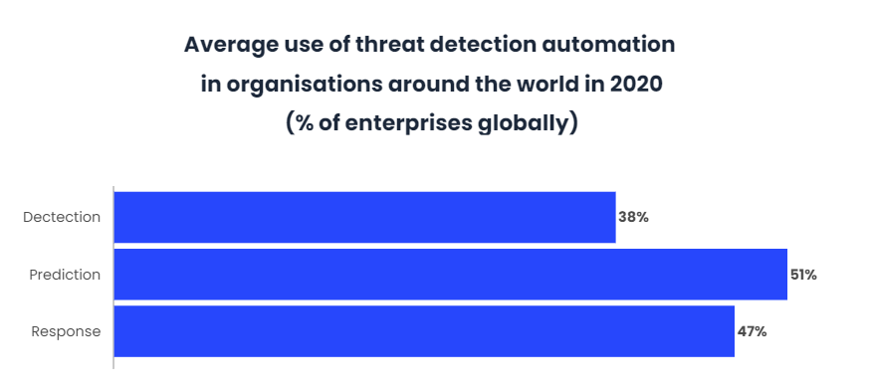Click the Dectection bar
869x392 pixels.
coord(364,217)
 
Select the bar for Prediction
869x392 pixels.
coord(450,275)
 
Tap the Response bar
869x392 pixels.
coord(424,331)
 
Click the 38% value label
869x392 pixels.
coord(633,217)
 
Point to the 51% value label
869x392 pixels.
coord(803,275)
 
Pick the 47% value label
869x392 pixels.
coord(752,331)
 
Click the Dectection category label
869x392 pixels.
coord(62,217)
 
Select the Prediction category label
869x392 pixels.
coord(65,275)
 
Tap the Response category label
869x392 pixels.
coord(66,331)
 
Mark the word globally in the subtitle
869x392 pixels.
coord(530,124)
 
